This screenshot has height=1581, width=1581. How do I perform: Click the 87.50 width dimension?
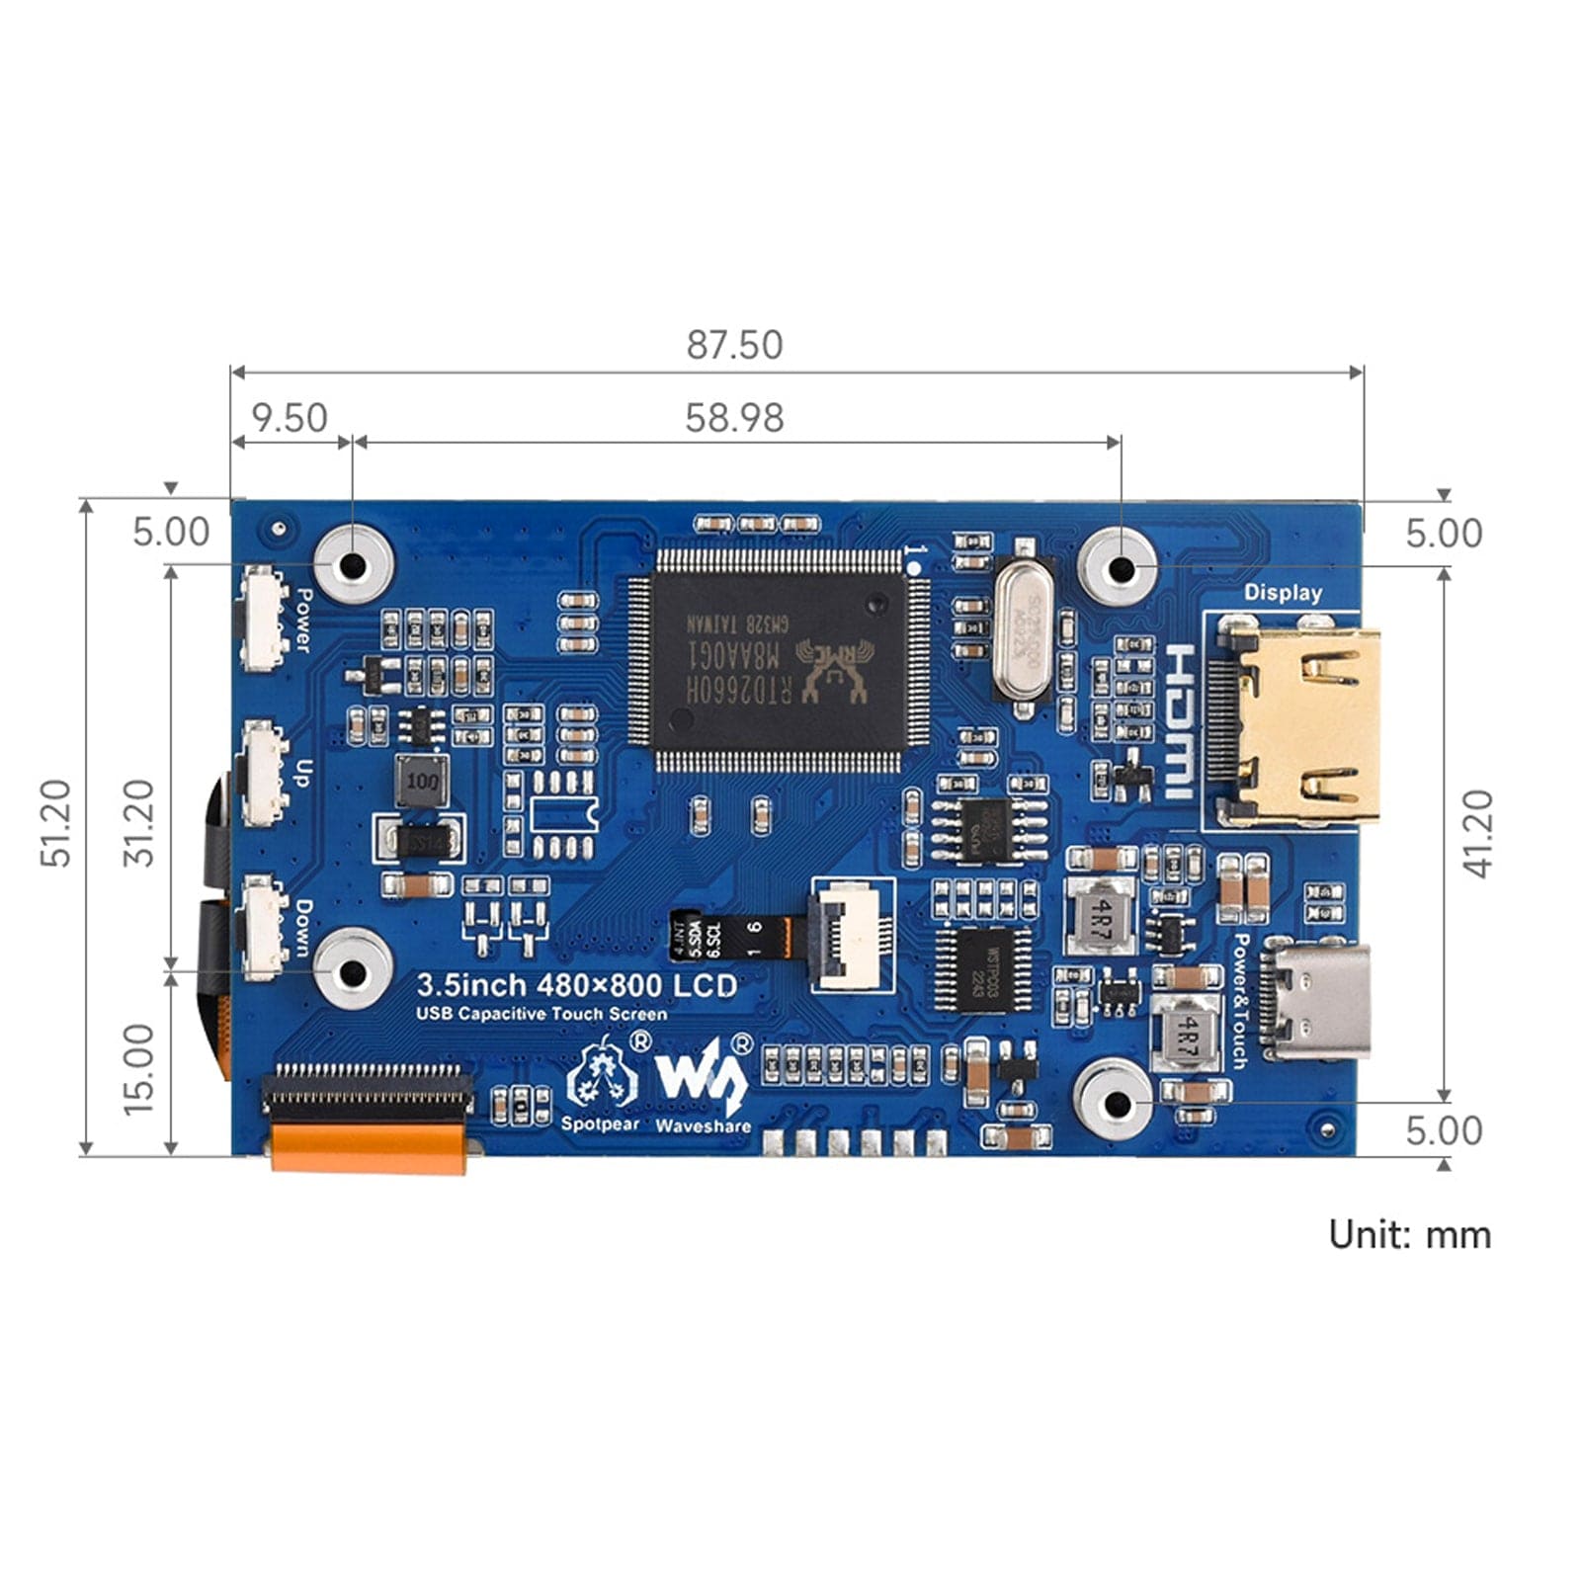[x=734, y=345]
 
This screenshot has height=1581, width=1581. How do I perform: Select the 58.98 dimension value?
[x=734, y=418]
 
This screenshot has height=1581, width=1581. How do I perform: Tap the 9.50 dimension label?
[x=289, y=418]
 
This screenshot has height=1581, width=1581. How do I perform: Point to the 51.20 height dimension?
[x=56, y=823]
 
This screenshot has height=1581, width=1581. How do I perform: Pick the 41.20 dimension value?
[x=1478, y=833]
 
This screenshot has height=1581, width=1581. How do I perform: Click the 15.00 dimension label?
[x=138, y=1069]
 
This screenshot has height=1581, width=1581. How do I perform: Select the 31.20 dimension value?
[x=138, y=823]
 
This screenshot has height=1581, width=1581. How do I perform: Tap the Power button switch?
[x=264, y=619]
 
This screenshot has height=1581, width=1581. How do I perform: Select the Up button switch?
[x=264, y=774]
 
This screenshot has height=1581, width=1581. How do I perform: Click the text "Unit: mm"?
[x=1409, y=1234]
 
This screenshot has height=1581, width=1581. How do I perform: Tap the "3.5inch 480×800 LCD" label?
[x=576, y=985]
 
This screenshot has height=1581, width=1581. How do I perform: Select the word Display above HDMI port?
[x=1283, y=593]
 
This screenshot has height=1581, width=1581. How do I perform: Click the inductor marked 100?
[x=422, y=782]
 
